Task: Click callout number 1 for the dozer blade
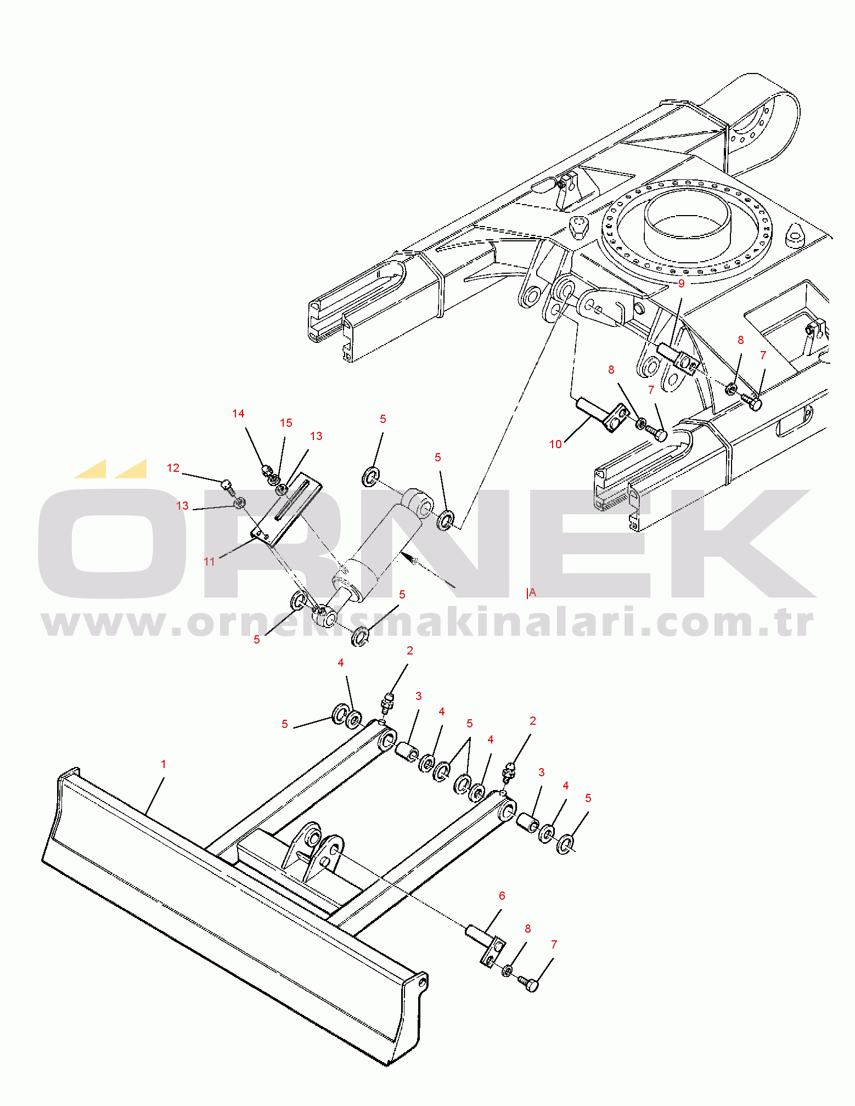[163, 764]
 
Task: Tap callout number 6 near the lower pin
[502, 896]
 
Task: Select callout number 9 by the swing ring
[681, 284]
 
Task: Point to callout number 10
[555, 444]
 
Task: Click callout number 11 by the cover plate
[209, 562]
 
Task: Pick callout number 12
[173, 468]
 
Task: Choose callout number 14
[238, 414]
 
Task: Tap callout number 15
[286, 423]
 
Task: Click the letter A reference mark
[532, 593]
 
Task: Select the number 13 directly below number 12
[182, 506]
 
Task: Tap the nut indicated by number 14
[266, 470]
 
